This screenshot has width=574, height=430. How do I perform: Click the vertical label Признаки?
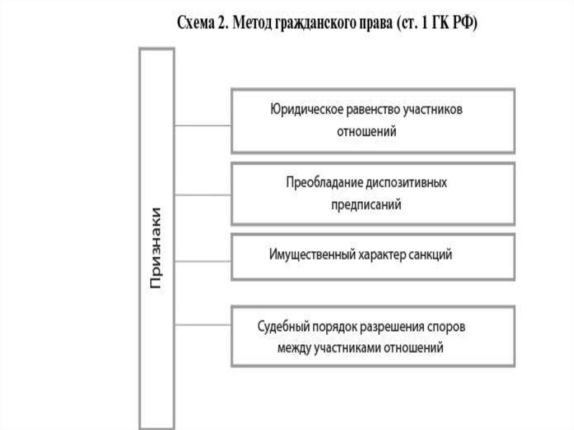coord(156,247)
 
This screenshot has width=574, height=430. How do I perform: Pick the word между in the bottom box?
coord(293,348)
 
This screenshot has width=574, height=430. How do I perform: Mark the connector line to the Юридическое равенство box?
coord(202,126)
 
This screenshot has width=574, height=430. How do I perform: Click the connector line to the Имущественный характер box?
coord(202,261)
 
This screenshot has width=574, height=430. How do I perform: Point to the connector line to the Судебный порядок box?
coord(202,325)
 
